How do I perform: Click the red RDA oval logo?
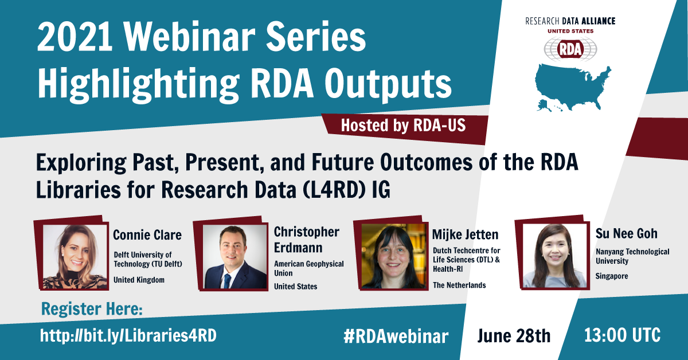(x=570, y=49)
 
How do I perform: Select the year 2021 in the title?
(x=75, y=37)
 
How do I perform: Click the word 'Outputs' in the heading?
(x=388, y=84)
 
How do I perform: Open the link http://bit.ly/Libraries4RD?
(x=128, y=335)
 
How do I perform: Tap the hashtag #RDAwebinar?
(x=396, y=336)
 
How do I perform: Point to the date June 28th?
(x=514, y=336)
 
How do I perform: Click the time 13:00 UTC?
(x=622, y=335)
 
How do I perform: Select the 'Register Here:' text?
(x=92, y=309)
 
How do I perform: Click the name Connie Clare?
(x=147, y=235)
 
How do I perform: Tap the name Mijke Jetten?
(x=466, y=234)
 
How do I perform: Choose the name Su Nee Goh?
(x=627, y=233)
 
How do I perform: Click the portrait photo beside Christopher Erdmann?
(x=235, y=257)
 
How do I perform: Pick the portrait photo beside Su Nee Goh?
(x=555, y=256)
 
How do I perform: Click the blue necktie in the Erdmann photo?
(x=227, y=281)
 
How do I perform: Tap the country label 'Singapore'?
(x=612, y=276)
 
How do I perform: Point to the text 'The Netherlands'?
(x=459, y=285)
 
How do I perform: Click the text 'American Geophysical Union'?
(x=309, y=268)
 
